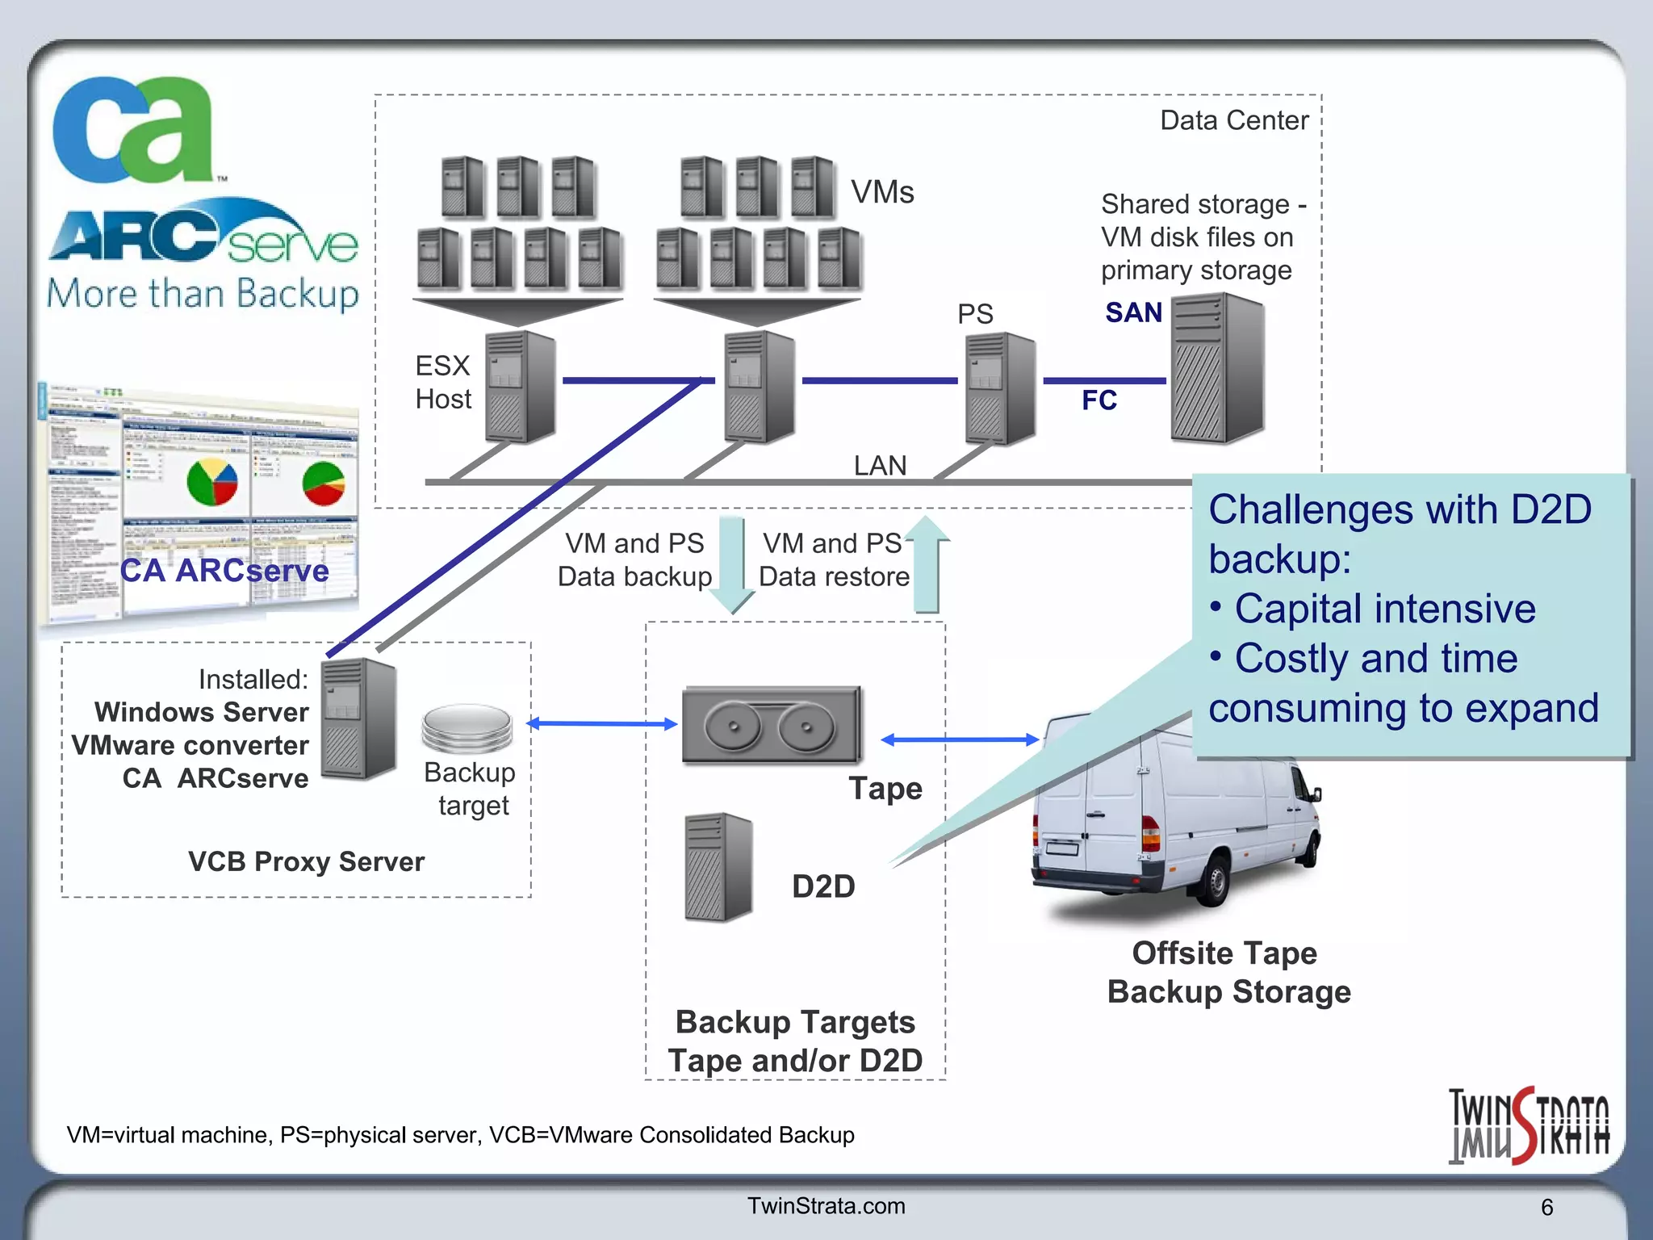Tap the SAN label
(x=1133, y=312)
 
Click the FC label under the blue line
(x=1099, y=400)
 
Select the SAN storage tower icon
(x=1217, y=368)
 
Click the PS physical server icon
(x=1000, y=388)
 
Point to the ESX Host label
(x=442, y=382)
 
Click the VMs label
(x=882, y=192)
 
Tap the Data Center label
(x=1233, y=120)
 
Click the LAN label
(x=880, y=466)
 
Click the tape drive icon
(x=772, y=725)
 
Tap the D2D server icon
(x=718, y=868)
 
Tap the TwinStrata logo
(x=1528, y=1125)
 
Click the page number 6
(x=1546, y=1207)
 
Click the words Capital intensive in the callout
(x=1384, y=609)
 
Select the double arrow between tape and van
(x=959, y=739)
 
